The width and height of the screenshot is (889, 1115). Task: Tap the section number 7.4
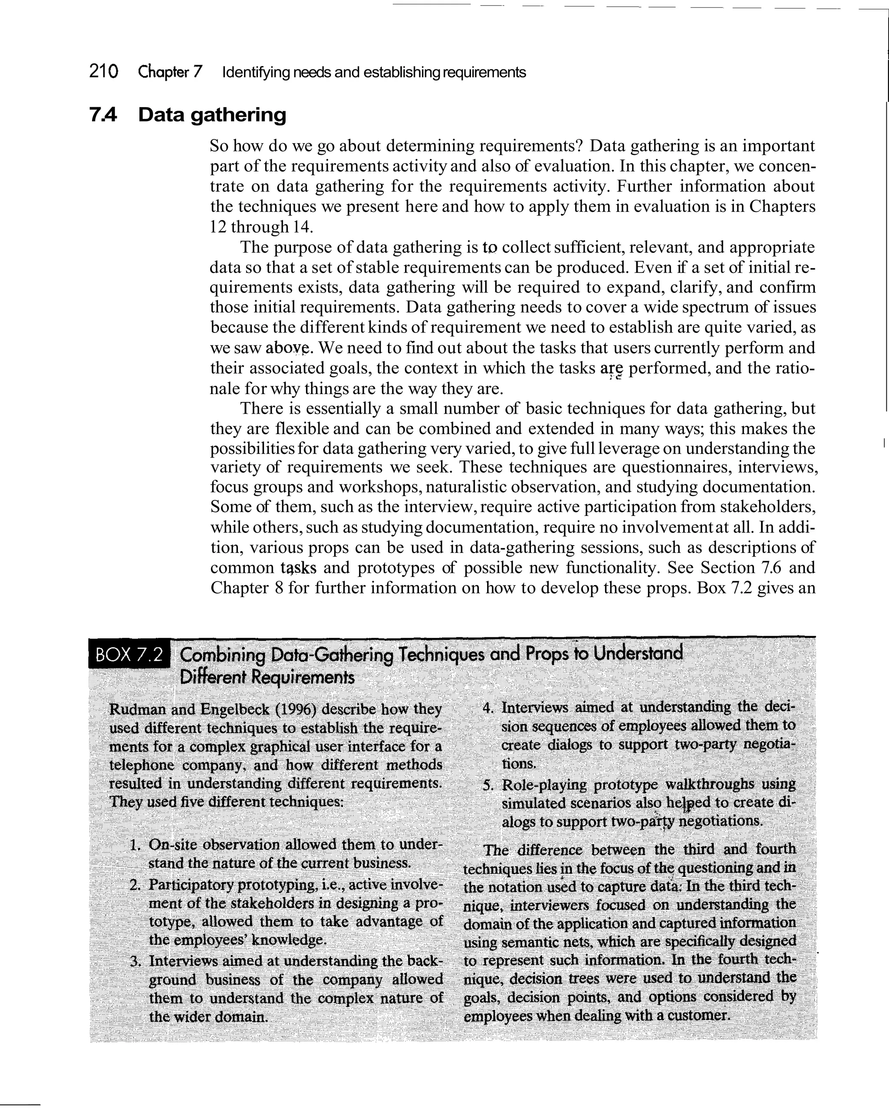(103, 114)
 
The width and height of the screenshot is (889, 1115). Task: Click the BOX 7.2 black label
(130, 655)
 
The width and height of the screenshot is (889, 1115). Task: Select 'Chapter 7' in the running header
(170, 72)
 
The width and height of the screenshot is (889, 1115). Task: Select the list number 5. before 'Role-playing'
(487, 786)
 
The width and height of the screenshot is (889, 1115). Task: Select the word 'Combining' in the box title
(222, 655)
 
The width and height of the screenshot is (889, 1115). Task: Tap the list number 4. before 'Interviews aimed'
(487, 708)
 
